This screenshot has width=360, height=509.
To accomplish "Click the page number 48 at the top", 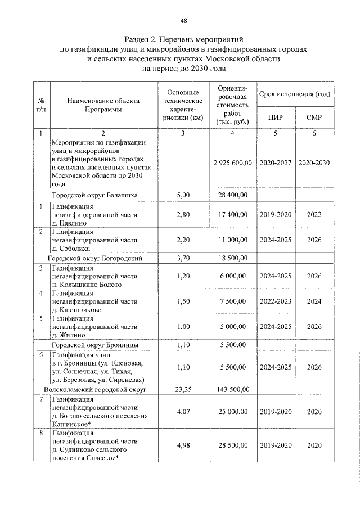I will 183,21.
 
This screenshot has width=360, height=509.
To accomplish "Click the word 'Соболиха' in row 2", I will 77,248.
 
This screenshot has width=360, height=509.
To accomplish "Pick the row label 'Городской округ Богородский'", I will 94,259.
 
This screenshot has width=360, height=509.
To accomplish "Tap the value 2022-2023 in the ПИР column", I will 276,301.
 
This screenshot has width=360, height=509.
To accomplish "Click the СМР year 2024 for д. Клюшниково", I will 314,301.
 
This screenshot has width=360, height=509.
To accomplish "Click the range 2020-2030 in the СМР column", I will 314,163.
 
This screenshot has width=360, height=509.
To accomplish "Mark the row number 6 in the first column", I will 41,355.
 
